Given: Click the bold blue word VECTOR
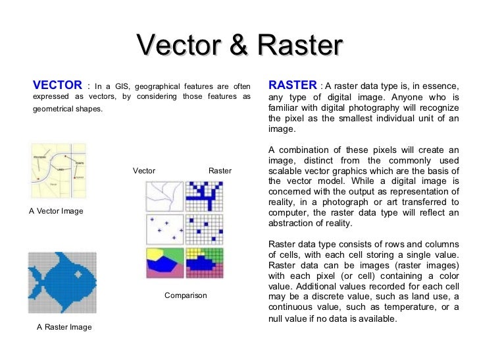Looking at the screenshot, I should (x=57, y=85).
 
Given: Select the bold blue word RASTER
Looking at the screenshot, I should (x=293, y=85).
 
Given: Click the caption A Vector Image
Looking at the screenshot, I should (x=56, y=211).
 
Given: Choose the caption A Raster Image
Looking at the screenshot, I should (x=64, y=327).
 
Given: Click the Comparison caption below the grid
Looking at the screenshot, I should (x=186, y=295).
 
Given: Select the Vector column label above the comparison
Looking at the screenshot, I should (x=144, y=171).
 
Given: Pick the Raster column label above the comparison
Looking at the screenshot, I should (x=220, y=171).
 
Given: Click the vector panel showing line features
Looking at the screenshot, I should (x=164, y=196).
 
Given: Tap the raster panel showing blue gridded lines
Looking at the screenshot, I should (x=204, y=196).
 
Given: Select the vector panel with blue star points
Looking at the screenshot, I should (x=164, y=229).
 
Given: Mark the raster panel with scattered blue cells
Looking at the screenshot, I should (x=204, y=229).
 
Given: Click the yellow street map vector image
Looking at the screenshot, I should (x=58, y=171).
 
